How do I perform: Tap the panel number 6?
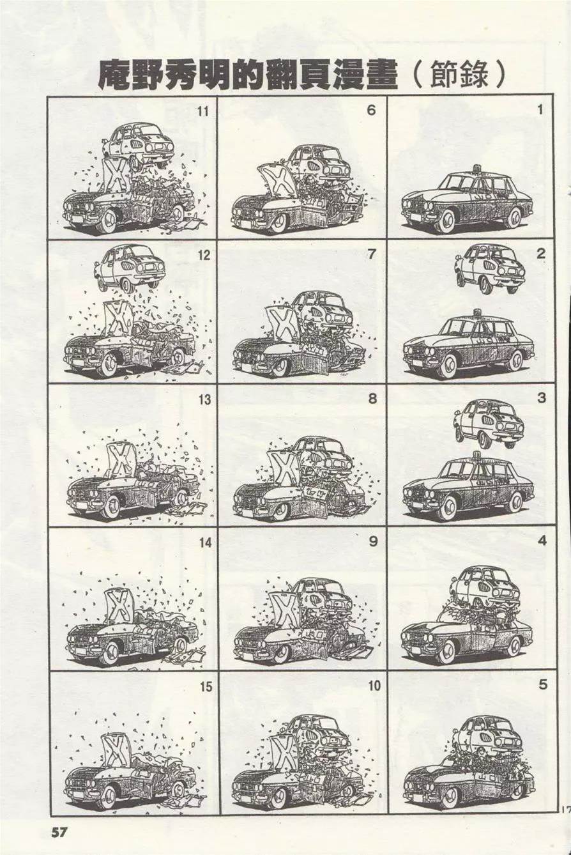pos(372,111)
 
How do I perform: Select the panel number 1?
pos(540,111)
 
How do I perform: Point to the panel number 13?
pos(204,399)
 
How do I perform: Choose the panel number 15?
pos(205,687)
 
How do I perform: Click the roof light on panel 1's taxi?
pos(476,168)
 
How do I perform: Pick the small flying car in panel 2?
pos(490,270)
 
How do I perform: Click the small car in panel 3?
pos(489,424)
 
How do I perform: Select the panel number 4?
pos(542,541)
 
